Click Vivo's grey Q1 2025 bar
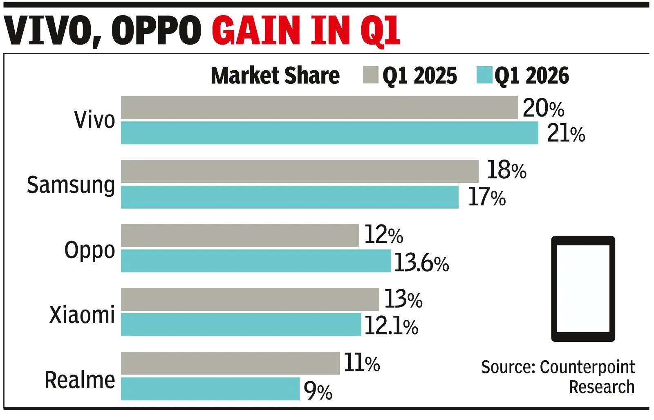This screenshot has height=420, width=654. pos(319,108)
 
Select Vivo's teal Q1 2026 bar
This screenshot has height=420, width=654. pos(329,133)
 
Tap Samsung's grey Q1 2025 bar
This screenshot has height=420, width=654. pos(300,171)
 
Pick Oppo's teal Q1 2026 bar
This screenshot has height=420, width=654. pos(256,261)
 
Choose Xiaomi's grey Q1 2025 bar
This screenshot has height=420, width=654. pos(250,299)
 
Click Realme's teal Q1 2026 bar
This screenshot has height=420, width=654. pos(210,389)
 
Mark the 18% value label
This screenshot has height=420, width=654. pos(506,170)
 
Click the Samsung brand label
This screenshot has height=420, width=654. pos(71,185)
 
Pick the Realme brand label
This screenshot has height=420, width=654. pos(80,380)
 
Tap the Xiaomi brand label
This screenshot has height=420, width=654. pos(82,315)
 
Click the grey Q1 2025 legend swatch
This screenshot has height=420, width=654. pos(370,75)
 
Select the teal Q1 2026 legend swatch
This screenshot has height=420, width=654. pos(484,75)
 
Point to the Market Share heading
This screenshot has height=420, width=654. pos(275,76)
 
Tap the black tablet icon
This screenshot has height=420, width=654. pos(583,288)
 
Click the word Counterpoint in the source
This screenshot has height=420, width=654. pos(587,367)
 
